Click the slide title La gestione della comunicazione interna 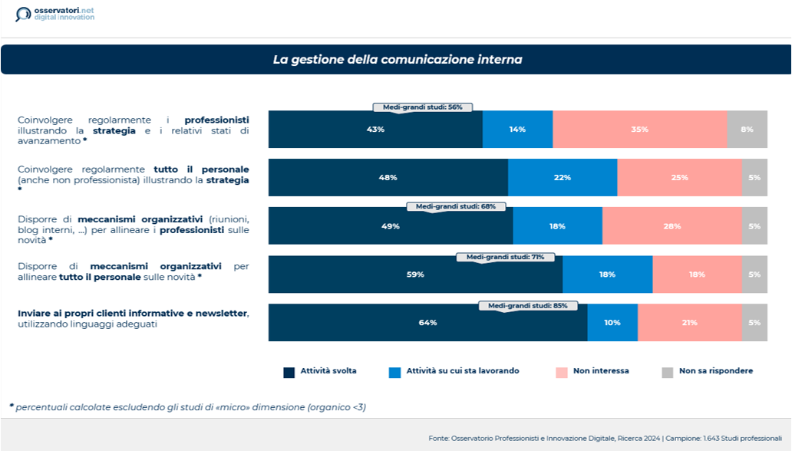pyautogui.click(x=397, y=59)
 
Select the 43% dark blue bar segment pyautogui.click(x=375, y=130)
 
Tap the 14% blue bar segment pyautogui.click(x=517, y=130)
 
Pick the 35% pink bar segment pyautogui.click(x=639, y=130)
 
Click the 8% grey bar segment pyautogui.click(x=747, y=130)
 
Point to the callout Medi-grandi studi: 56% pyautogui.click(x=422, y=107)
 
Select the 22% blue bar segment pyautogui.click(x=563, y=178)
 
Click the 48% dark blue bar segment pyautogui.click(x=388, y=178)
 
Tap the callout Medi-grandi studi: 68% pyautogui.click(x=456, y=206)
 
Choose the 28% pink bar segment pyautogui.click(x=672, y=226)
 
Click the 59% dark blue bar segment pyautogui.click(x=415, y=275)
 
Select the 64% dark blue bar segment pyautogui.click(x=427, y=323)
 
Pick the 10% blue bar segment pyautogui.click(x=612, y=323)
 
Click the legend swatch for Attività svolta pyautogui.click(x=289, y=373)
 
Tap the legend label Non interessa pyautogui.click(x=601, y=371)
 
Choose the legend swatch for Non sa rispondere pyautogui.click(x=667, y=373)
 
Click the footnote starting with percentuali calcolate pyautogui.click(x=187, y=407)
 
